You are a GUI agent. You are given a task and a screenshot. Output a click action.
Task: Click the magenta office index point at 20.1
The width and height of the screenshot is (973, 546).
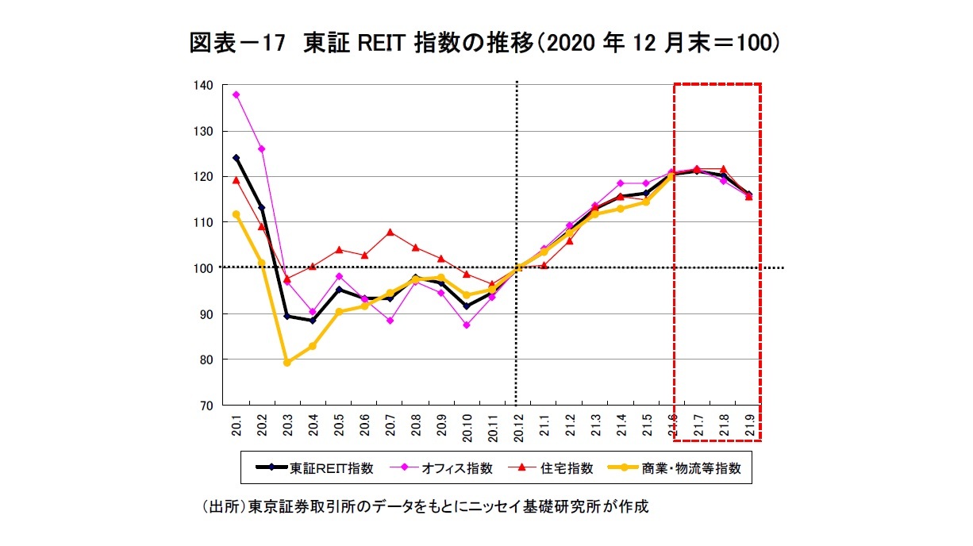tap(236, 94)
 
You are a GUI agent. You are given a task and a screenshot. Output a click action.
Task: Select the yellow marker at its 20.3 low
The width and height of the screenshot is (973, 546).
tap(287, 363)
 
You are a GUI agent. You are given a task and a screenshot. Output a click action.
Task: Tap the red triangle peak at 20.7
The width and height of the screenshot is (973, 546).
tap(390, 233)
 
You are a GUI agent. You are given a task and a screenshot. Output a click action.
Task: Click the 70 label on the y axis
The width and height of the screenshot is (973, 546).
tap(206, 406)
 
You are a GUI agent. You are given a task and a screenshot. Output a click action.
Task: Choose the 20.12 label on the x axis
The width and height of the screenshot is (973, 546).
tap(518, 426)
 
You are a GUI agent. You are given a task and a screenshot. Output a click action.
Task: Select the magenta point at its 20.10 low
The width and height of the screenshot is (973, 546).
tap(467, 325)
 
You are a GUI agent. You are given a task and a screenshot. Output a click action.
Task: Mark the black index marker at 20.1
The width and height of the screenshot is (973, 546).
tap(236, 158)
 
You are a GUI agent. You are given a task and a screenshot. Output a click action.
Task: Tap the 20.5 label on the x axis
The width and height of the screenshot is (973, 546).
tap(339, 426)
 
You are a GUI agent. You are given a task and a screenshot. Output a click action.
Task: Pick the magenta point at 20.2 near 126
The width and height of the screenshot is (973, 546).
tap(262, 149)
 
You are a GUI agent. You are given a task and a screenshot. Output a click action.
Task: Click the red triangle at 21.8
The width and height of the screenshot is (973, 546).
tap(723, 169)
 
